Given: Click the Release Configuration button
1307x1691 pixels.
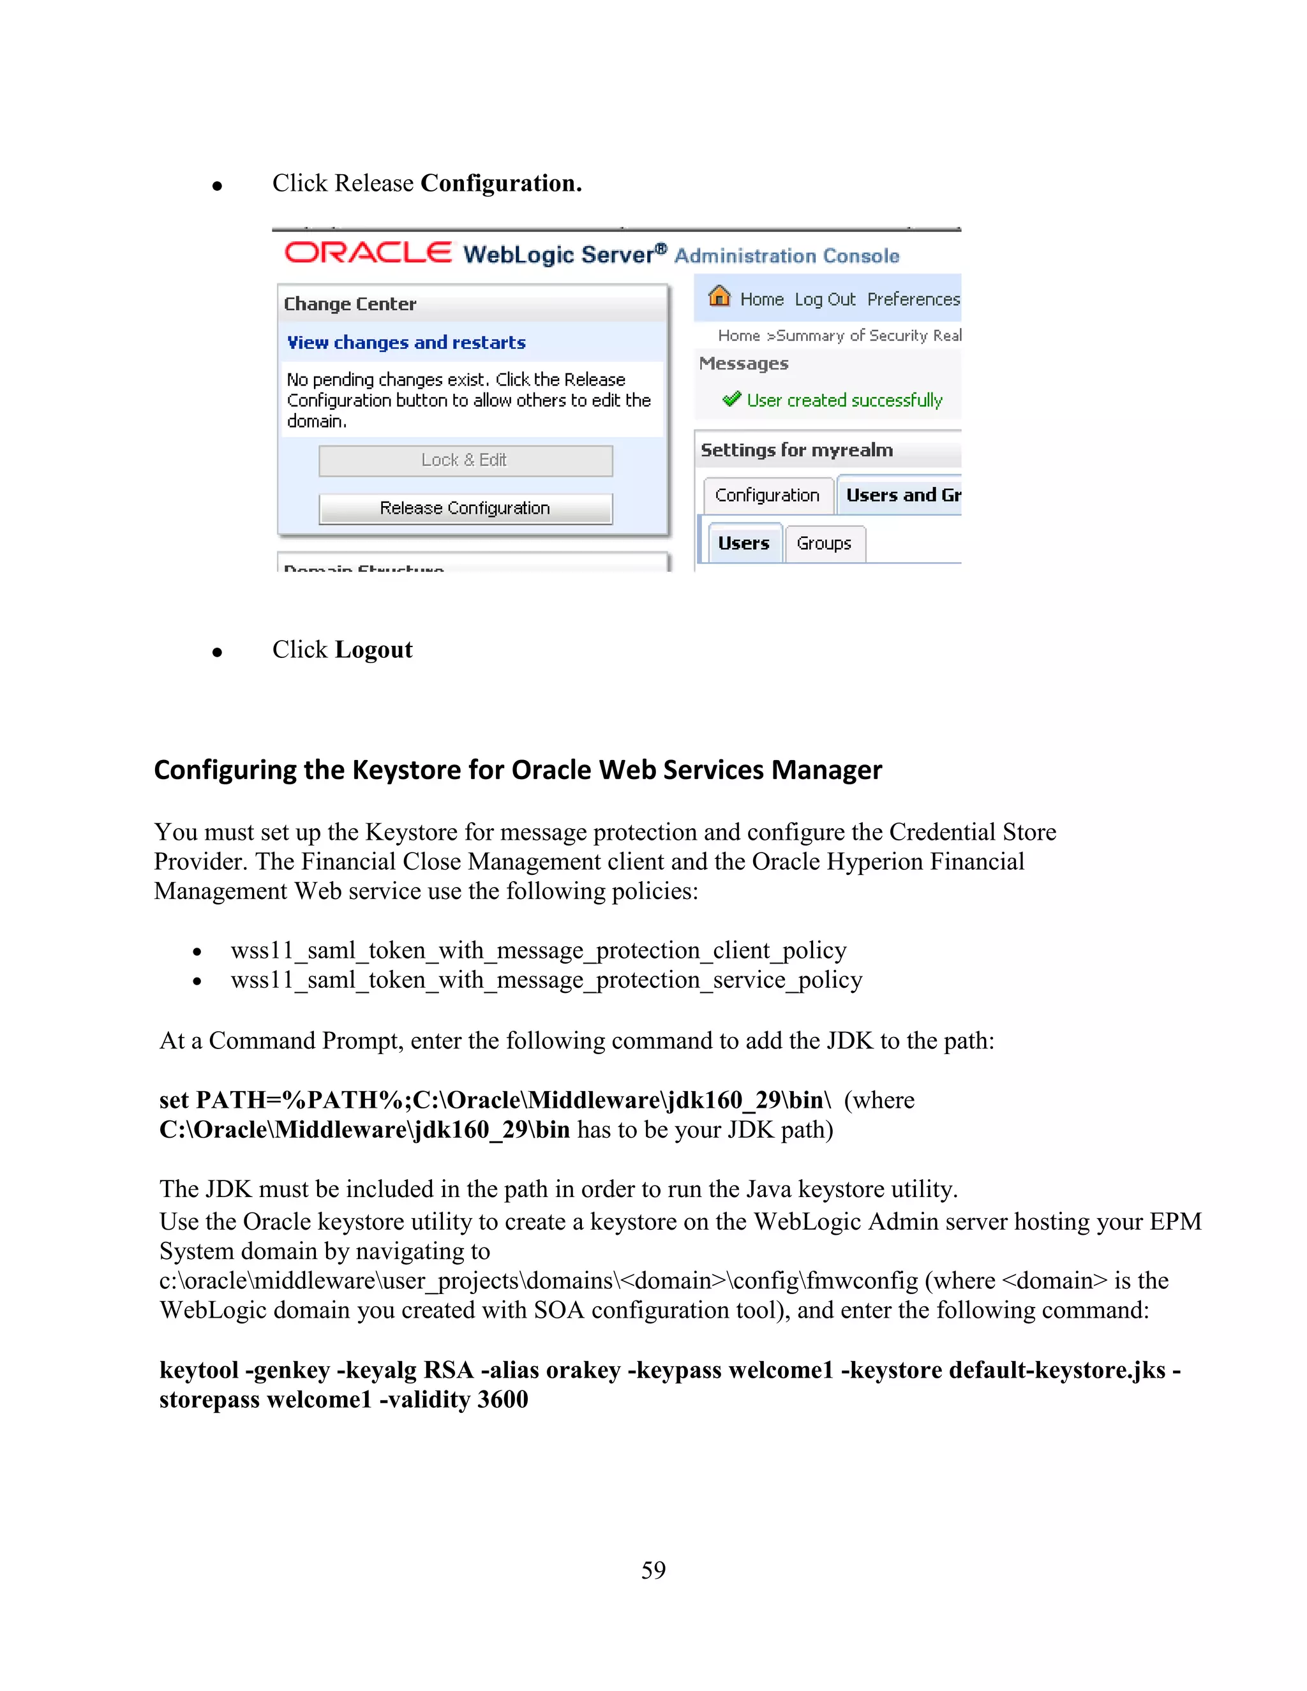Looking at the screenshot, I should (465, 508).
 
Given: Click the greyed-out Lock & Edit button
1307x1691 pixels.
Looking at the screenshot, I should (465, 461).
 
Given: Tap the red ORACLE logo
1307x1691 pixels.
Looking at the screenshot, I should (368, 253).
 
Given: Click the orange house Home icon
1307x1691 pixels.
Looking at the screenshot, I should (719, 296).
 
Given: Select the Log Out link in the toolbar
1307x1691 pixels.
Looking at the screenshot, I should (825, 300).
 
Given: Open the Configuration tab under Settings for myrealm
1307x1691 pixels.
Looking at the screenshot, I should (766, 496).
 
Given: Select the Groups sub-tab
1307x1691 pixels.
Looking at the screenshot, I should (824, 544).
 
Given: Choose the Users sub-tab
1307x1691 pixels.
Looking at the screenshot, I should (743, 544).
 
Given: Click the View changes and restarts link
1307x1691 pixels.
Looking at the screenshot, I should (407, 342).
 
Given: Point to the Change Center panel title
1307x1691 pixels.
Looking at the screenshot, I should (350, 304).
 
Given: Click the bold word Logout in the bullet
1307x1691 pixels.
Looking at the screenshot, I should (374, 650).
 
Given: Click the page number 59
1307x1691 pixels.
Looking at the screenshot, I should (653, 1570).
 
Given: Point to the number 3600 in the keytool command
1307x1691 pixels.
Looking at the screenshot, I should (502, 1400).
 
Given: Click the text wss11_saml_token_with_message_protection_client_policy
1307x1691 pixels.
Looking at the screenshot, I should (538, 951).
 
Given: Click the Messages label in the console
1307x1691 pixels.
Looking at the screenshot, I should (743, 364).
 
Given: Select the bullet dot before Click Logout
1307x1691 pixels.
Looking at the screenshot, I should (218, 653).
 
